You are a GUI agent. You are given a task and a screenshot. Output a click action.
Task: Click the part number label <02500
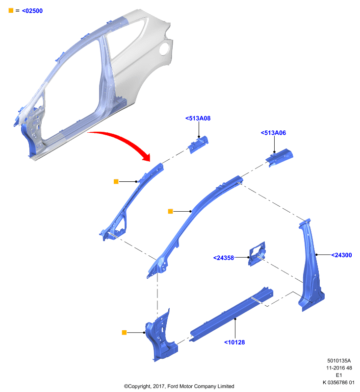32,11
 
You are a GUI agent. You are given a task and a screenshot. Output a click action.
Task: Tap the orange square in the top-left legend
11,10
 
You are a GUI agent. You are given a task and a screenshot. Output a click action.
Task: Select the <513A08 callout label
198,118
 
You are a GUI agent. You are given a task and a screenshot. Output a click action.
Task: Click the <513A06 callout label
273,133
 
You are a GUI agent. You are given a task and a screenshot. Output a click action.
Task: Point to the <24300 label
341,255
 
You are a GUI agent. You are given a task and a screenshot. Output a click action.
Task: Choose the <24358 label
223,258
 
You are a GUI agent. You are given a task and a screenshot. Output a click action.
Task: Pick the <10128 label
234,342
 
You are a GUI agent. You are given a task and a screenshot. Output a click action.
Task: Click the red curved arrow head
146,156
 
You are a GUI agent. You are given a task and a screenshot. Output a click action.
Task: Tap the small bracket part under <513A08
198,145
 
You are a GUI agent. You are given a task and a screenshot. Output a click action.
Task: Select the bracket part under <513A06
280,158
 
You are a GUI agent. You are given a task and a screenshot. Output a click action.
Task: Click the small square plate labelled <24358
257,254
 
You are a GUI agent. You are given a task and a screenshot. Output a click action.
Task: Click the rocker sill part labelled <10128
231,315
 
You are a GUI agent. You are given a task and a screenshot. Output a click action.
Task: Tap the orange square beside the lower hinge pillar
124,333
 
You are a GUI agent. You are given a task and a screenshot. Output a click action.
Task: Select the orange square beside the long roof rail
170,212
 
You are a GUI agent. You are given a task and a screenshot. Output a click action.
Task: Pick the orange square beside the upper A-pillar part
116,181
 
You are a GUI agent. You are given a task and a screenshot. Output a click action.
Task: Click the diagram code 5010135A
339,361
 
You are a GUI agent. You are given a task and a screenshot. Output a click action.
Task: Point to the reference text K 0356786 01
338,383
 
